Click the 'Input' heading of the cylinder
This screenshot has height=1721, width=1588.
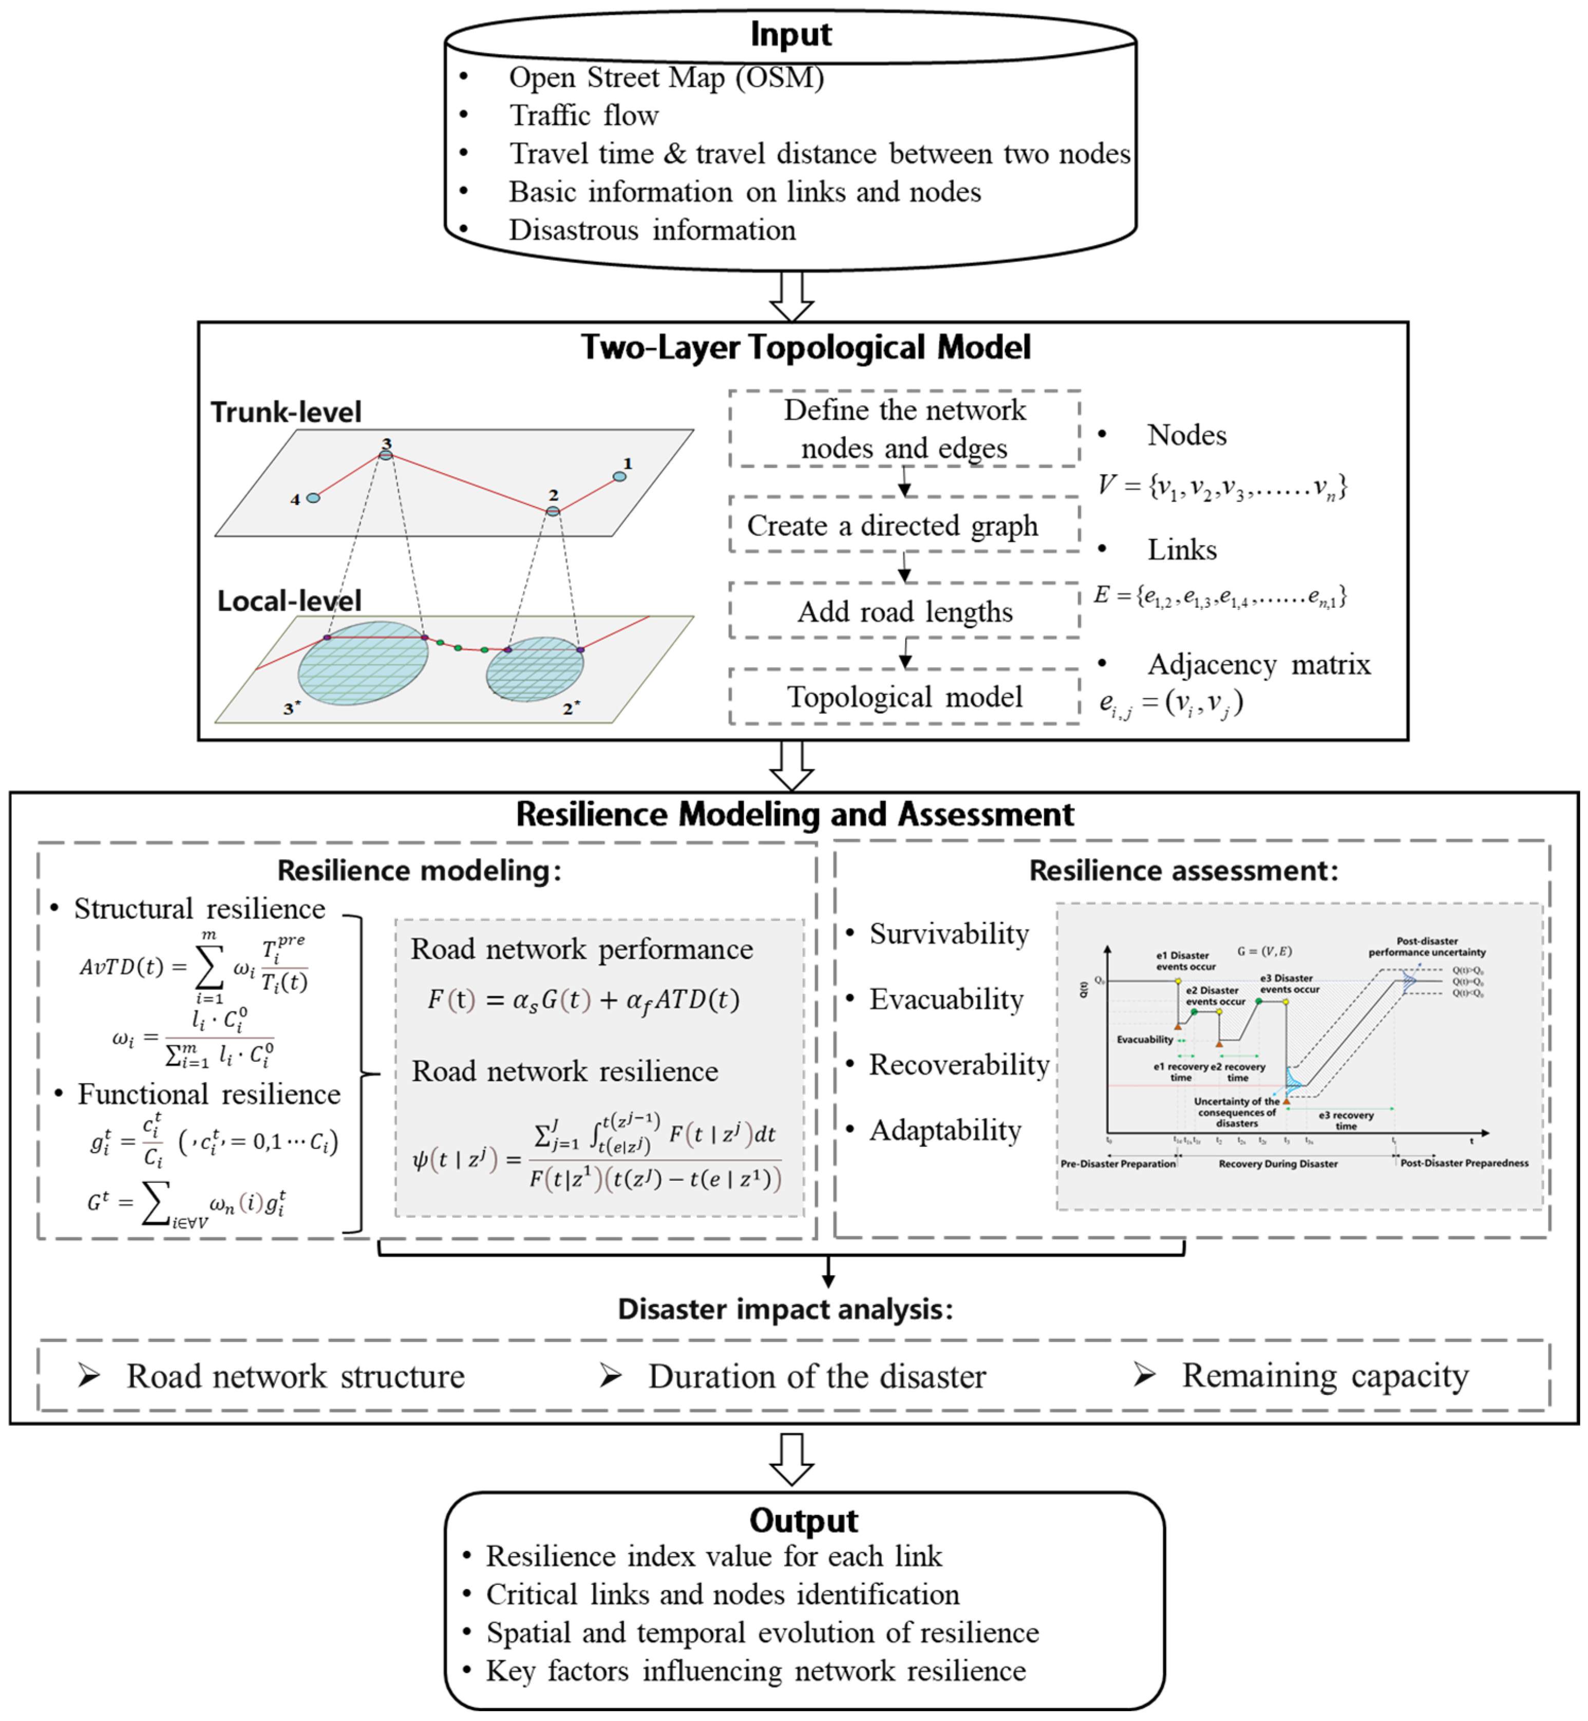790,34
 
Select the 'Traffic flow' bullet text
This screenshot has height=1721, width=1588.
583,115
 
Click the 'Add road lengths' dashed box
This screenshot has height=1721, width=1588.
904,611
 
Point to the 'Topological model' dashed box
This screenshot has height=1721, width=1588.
904,697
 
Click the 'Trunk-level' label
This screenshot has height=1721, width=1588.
286,412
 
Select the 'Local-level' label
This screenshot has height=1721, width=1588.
289,601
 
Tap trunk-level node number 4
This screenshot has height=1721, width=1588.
314,498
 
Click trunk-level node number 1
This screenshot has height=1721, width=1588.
619,476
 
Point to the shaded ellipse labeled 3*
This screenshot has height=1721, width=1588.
363,663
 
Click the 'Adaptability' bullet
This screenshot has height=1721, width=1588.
945,1130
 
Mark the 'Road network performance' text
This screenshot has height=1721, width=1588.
582,949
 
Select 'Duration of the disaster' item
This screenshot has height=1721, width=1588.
817,1375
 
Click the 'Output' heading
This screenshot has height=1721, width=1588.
803,1520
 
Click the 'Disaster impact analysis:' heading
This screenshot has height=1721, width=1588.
785,1309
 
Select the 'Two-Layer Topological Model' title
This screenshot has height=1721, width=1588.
805,347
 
